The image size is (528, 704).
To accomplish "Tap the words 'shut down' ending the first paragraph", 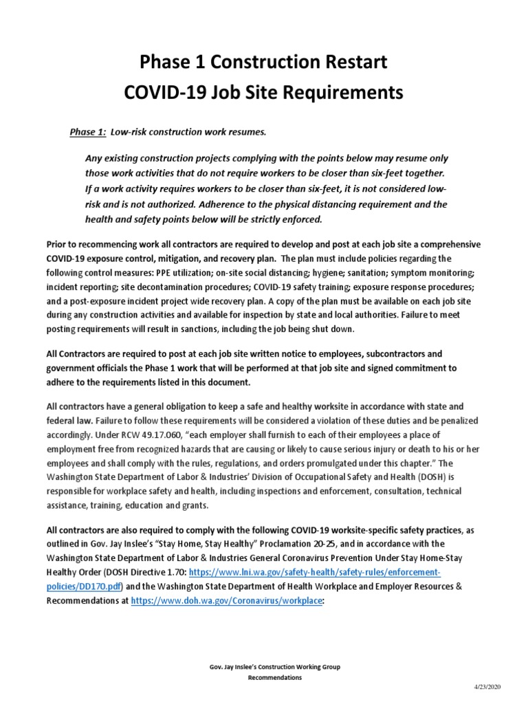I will point(333,329).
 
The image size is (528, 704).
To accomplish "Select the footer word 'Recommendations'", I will point(275,677).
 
